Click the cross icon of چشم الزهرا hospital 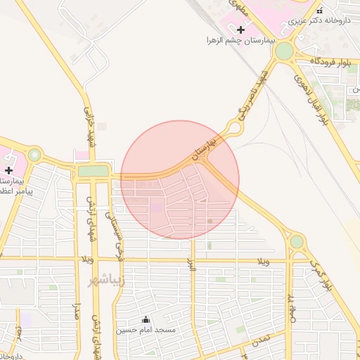coord(241,30)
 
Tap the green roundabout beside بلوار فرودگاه coord(284,51)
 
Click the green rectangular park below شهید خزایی coord(93,171)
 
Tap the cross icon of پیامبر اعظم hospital coord(8,170)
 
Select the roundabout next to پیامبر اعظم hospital coord(34,155)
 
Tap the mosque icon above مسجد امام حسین coord(146,319)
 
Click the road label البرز coord(190,264)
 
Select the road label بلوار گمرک coord(321,275)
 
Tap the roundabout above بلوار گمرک coord(297,242)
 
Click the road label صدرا coord(77,318)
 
